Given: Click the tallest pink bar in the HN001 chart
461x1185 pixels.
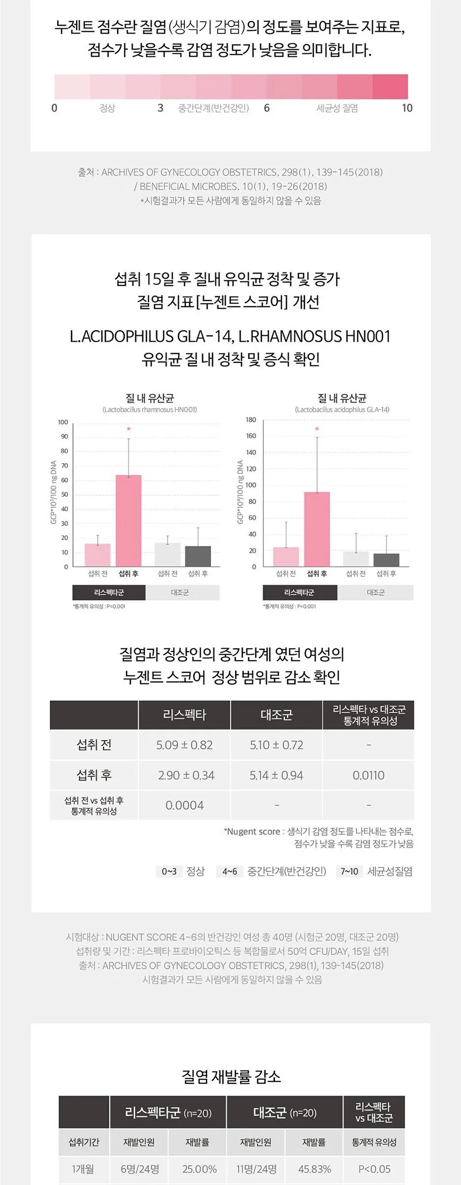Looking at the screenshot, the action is coord(128,520).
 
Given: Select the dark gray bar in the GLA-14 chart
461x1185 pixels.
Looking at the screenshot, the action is coord(386,560).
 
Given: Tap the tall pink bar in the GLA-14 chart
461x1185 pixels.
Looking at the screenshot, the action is coord(317,529).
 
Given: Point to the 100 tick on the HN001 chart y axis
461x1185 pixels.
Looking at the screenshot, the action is coord(63,422).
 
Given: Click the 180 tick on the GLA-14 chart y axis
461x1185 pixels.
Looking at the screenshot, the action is coord(251,420).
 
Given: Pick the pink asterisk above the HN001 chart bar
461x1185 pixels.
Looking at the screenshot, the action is coord(128,429).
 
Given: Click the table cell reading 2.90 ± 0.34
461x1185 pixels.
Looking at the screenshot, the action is coord(185,775).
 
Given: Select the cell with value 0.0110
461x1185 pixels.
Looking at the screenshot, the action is coord(369,775).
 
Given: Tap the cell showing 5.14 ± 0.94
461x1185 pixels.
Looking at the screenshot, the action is coord(276,775).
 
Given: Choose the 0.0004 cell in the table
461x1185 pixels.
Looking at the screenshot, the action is coord(185,805).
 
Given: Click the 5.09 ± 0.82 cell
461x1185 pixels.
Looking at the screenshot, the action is coord(185,745).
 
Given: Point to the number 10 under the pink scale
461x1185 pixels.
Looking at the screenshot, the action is coord(407,108).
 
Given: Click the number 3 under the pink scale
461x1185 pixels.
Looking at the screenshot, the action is coord(160,108).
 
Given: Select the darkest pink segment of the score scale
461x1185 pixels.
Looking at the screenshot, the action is coord(390,87).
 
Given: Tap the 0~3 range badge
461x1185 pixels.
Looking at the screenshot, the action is coord(169,871).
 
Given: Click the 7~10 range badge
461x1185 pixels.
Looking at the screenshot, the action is coord(349,871).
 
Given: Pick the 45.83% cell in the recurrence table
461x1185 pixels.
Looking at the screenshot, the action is coord(315,1169).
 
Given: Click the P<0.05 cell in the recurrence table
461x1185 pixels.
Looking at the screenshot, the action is coord(374,1169).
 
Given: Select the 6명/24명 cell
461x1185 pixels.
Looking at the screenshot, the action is coord(139,1169).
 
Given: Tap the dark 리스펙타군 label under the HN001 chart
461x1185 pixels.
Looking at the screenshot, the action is coord(109,592).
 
